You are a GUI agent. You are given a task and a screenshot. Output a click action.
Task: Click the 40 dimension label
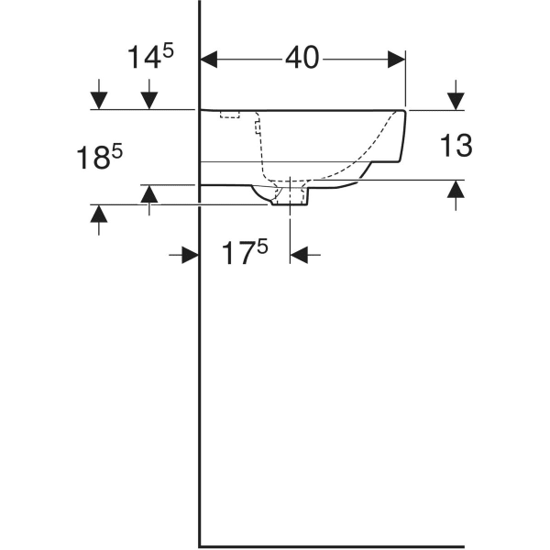tap(302, 58)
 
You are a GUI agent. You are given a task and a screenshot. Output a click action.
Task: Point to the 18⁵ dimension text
tap(100, 157)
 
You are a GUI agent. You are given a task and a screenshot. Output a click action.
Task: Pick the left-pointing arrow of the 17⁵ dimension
tap(300, 255)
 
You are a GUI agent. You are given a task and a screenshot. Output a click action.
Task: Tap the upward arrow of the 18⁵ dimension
tap(99, 214)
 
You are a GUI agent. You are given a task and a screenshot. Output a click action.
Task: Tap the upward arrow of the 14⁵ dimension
tap(149, 193)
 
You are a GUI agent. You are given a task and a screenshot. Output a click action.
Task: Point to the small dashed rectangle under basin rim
tap(228, 115)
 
